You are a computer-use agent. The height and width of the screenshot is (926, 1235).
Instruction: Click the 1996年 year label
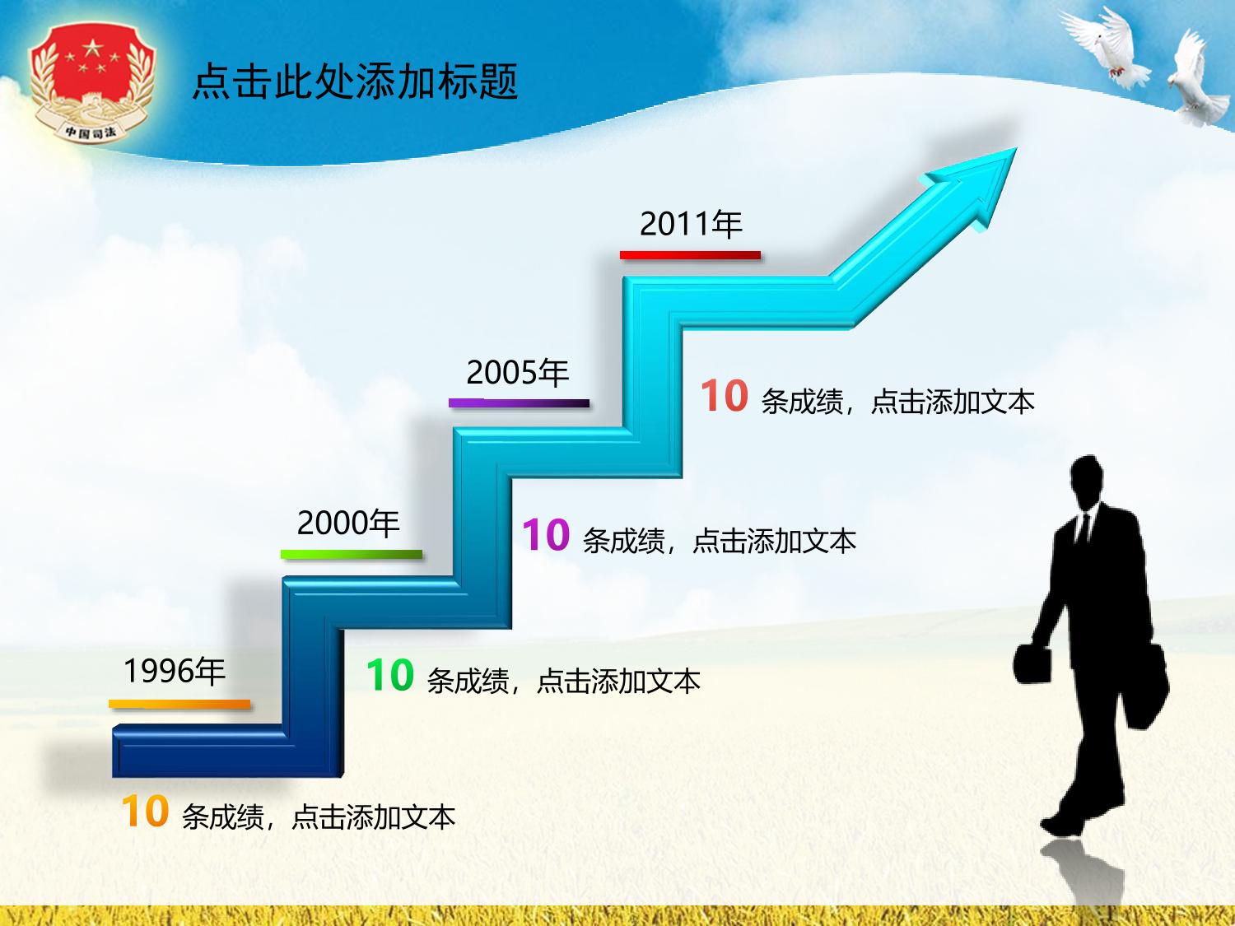[175, 671]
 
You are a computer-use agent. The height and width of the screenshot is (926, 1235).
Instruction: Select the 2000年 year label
[348, 523]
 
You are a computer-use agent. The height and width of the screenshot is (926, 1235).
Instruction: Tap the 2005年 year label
[518, 372]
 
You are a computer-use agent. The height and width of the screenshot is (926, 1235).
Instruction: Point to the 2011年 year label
[691, 224]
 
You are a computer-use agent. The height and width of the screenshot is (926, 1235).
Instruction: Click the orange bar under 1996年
[179, 704]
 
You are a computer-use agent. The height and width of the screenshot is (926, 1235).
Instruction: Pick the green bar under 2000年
[352, 554]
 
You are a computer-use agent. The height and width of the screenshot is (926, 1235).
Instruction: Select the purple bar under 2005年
[519, 403]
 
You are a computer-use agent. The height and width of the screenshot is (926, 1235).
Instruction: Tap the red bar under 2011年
[690, 255]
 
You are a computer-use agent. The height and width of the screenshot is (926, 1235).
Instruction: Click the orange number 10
[145, 812]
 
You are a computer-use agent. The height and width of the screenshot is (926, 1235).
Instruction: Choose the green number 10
[390, 675]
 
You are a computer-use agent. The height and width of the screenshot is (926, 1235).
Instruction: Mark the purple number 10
[546, 535]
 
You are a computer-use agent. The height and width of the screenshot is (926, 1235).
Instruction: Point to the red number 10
[724, 396]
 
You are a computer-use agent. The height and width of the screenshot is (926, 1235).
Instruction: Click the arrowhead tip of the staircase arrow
[1017, 148]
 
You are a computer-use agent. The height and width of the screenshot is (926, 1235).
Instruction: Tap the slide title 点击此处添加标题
[355, 82]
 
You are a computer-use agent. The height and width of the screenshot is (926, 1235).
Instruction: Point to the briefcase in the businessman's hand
[1033, 664]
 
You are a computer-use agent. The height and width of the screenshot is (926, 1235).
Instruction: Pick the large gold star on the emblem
[91, 47]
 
